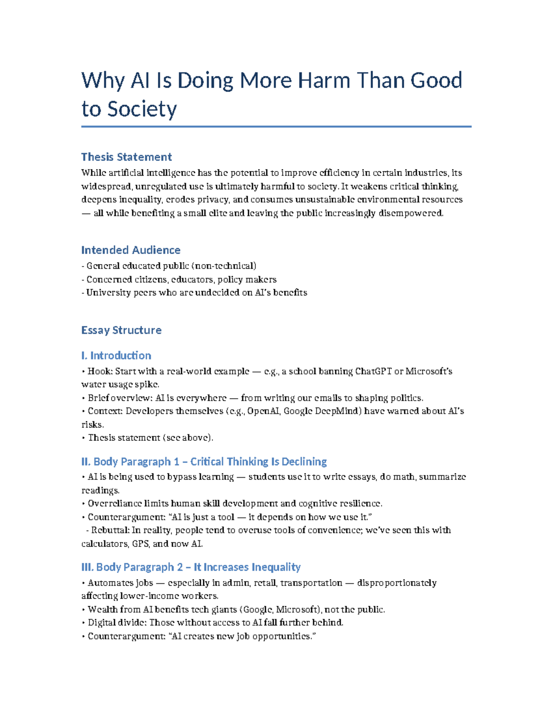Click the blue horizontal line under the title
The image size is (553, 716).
pos(276,126)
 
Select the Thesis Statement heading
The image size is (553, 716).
pos(126,157)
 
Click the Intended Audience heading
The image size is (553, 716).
pos(130,250)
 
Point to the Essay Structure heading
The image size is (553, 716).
pos(121,330)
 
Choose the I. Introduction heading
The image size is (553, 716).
pos(116,355)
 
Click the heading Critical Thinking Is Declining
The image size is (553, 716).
pos(259,462)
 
